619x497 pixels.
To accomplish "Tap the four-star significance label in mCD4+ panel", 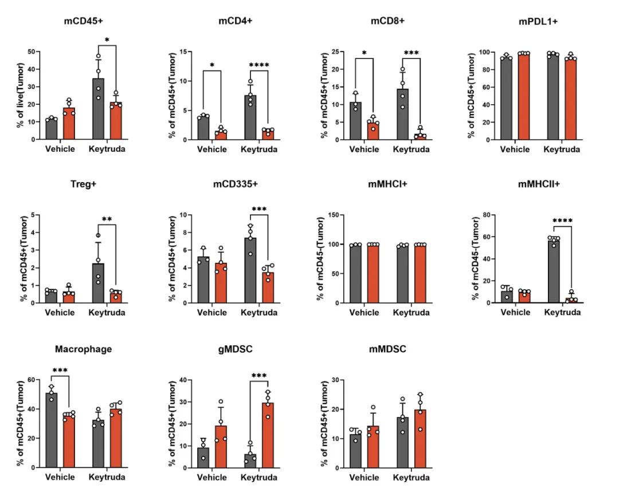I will point(259,65).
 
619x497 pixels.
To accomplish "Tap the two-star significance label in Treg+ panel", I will point(107,219).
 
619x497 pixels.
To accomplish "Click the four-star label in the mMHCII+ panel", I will point(562,220).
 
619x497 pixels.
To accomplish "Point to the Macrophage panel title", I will point(84,349).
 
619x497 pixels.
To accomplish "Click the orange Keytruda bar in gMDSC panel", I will point(267,435).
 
